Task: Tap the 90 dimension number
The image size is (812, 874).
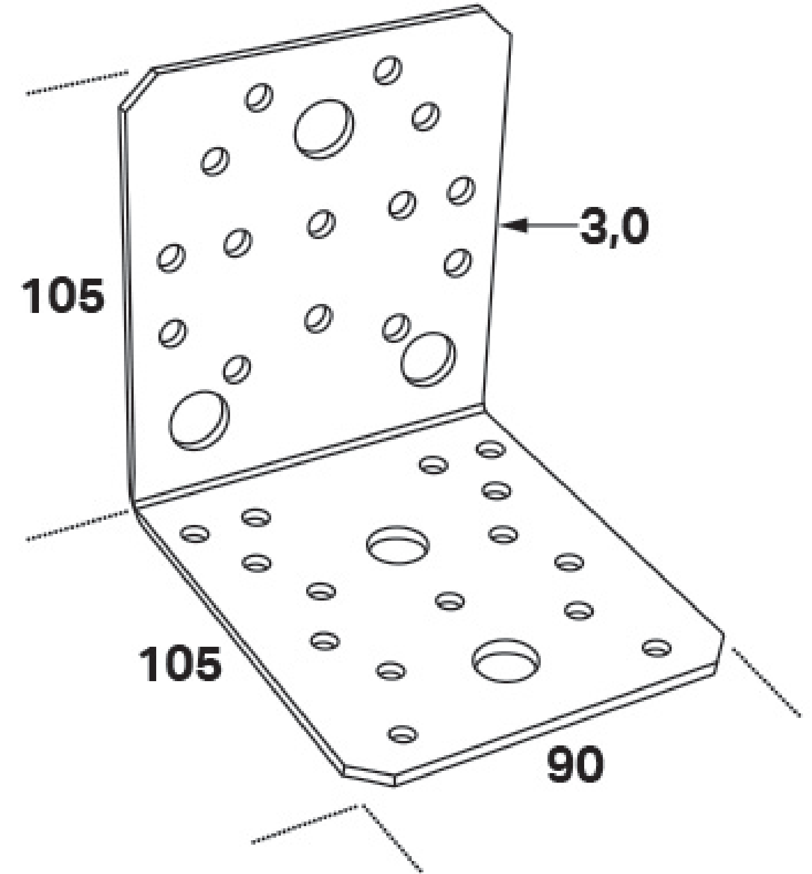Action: [x=575, y=764]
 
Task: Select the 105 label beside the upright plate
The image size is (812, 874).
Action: [x=63, y=295]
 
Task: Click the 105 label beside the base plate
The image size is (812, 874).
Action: [x=180, y=664]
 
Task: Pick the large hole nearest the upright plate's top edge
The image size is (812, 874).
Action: [x=324, y=129]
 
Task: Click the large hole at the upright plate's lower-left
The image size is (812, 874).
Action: [x=199, y=420]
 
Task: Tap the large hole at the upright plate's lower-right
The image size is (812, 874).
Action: [x=429, y=359]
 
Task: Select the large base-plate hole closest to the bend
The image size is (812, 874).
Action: [x=398, y=545]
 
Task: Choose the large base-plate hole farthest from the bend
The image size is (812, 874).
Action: [x=506, y=659]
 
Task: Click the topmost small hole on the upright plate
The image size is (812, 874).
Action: [x=388, y=70]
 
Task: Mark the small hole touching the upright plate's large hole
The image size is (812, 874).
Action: [x=396, y=328]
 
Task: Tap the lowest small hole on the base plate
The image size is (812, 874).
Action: [x=403, y=734]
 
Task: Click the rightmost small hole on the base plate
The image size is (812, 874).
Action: [x=657, y=647]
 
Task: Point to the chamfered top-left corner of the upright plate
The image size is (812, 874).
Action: [x=136, y=87]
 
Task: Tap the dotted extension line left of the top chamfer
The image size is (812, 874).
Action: [x=77, y=83]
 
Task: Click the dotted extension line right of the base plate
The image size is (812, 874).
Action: [x=766, y=682]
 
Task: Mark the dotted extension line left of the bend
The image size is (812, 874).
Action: [x=78, y=525]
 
